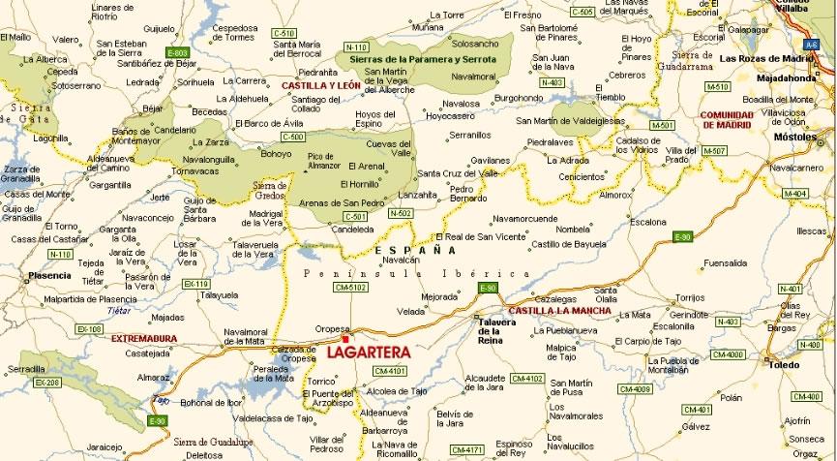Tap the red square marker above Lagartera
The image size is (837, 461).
344,338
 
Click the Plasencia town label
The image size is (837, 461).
50,275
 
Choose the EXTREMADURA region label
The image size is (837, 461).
144,338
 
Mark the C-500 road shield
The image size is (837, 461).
267,137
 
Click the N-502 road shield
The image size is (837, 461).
400,212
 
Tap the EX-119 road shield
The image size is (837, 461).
195,284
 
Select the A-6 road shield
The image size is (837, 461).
810,45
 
